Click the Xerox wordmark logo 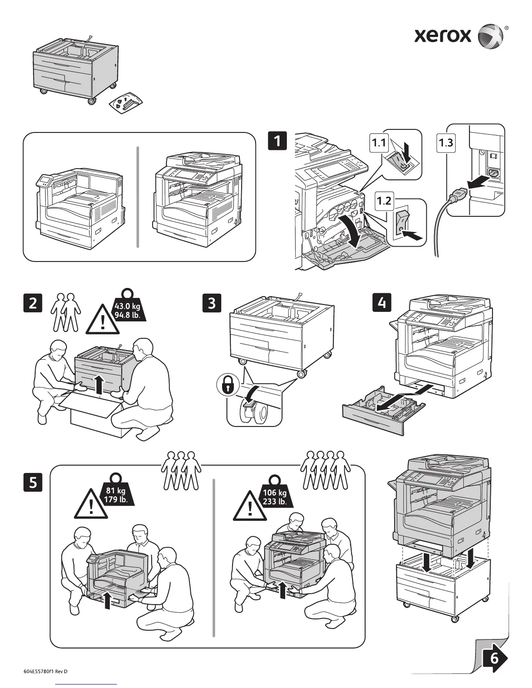point(442,35)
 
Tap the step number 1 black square point(277,142)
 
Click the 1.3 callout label point(446,143)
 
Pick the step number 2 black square point(33,303)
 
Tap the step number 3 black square point(212,303)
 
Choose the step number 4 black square point(382,302)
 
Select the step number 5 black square point(33,483)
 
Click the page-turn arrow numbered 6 point(494,659)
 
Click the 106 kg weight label point(275,497)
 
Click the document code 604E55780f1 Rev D point(46,671)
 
